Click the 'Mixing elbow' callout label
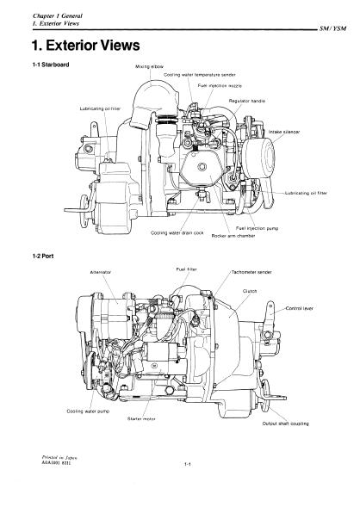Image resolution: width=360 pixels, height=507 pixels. tap(150, 66)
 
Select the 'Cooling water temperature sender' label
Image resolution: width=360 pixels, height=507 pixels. tap(200, 75)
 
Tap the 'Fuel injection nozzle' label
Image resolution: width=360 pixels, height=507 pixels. tap(220, 86)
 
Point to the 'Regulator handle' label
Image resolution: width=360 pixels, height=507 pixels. tap(247, 102)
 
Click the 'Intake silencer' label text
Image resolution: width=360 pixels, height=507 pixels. tap(284, 132)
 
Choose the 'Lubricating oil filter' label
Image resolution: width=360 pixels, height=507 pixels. tap(306, 193)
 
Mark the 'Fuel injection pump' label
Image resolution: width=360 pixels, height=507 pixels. tap(258, 228)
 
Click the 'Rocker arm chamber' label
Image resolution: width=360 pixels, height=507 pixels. tap(233, 236)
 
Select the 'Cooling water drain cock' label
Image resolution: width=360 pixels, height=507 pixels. tap(177, 232)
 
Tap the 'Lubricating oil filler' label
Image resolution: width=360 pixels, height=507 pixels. tap(100, 109)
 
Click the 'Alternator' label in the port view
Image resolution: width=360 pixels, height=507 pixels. tap(100, 272)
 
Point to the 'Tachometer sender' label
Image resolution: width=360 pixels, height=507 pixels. tap(251, 272)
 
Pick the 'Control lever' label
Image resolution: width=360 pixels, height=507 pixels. tap(299, 308)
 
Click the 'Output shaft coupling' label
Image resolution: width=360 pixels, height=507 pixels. tap(285, 424)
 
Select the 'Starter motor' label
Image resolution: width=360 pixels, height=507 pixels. tap(141, 419)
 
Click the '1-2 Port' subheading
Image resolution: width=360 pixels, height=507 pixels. tap(43, 257)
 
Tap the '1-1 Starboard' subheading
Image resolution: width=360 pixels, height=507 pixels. tap(51, 65)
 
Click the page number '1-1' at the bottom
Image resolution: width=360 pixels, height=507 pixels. tap(188, 464)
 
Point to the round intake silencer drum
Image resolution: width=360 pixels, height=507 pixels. tap(258, 158)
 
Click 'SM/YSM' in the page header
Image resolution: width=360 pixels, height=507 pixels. tap(332, 28)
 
